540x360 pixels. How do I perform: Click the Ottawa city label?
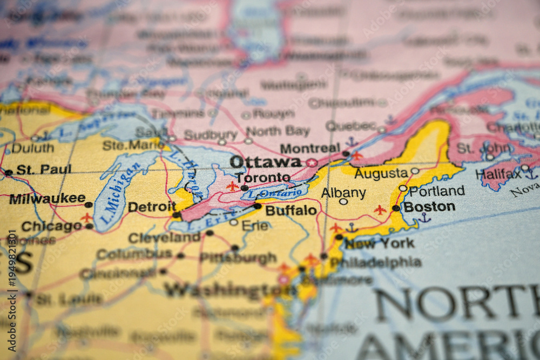click(265, 162)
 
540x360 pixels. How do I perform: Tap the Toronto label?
click(263, 178)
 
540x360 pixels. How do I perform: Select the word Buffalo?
click(291, 210)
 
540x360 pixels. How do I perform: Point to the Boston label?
click(429, 207)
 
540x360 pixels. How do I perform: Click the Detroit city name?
click(152, 207)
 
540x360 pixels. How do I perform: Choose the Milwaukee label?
click(47, 199)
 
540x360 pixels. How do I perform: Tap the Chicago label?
click(52, 226)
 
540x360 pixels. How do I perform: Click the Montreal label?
click(310, 148)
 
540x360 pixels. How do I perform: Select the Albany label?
click(343, 193)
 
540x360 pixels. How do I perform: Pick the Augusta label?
click(381, 173)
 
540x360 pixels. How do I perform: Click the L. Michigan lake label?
click(113, 193)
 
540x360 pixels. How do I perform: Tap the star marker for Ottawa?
click(312, 162)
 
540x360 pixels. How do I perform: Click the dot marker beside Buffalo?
click(258, 206)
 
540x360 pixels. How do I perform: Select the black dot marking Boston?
click(396, 208)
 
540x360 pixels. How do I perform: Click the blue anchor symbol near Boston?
click(424, 218)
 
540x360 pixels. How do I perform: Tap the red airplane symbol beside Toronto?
click(232, 186)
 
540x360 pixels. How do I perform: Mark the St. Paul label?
click(43, 169)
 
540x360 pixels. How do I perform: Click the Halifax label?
click(498, 174)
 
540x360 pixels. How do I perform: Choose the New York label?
click(380, 243)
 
